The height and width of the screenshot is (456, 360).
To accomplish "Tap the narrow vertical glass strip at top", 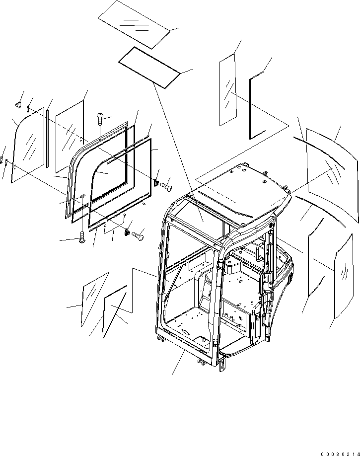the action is tap(227, 92).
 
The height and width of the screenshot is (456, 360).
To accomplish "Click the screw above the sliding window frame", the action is tap(100, 118).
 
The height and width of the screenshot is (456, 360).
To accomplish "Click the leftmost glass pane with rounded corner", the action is tap(28, 144).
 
